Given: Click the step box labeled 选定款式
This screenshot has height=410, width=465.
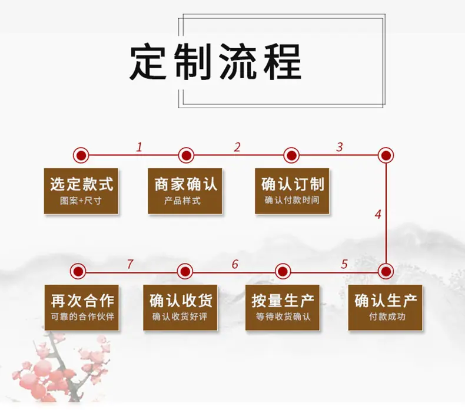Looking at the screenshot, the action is (x=81, y=191).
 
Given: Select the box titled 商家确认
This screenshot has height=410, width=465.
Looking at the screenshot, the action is (x=185, y=191).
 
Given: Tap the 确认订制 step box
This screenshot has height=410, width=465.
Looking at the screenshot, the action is (x=292, y=191).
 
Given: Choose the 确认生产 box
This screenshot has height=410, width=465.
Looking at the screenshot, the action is (x=385, y=308).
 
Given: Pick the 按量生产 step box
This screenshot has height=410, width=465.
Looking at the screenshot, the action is (x=283, y=308).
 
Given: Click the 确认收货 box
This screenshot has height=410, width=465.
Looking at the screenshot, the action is (x=180, y=308).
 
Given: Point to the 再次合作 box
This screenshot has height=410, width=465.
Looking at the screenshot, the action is (x=82, y=308).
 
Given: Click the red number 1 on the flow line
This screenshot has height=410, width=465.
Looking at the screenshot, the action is (x=139, y=147).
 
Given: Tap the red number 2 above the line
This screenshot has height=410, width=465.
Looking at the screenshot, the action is (x=237, y=147).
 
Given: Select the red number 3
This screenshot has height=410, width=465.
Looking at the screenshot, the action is (x=340, y=147).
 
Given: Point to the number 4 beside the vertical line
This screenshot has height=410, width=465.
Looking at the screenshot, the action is (x=378, y=214).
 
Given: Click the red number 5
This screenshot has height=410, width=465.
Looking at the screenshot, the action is (x=344, y=264).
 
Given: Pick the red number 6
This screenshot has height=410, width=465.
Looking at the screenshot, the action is (x=235, y=264).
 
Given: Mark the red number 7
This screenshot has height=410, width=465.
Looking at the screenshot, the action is (x=130, y=264).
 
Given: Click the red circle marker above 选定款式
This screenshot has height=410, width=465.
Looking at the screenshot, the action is (x=81, y=155).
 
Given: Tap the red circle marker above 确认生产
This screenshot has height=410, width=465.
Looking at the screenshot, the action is (x=386, y=271).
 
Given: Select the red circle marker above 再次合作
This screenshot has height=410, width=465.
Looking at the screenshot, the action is (x=78, y=271).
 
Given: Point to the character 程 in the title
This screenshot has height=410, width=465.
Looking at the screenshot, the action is (x=283, y=62).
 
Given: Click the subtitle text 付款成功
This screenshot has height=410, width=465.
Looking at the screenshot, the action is (x=387, y=316).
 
